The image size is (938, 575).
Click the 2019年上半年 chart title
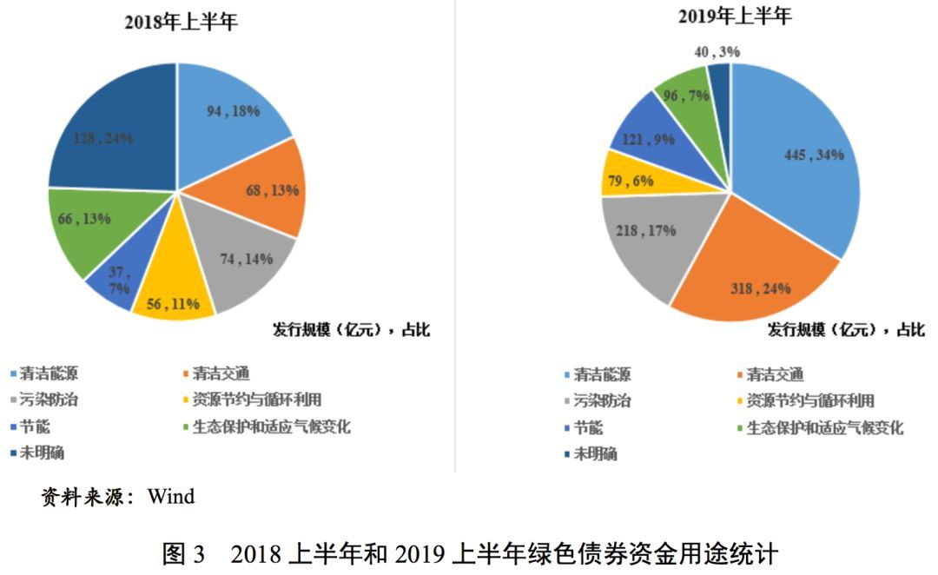point(734,17)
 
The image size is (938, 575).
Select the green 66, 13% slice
point(87,221)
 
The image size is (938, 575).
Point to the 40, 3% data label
point(717,52)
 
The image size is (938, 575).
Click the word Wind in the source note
point(171,498)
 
